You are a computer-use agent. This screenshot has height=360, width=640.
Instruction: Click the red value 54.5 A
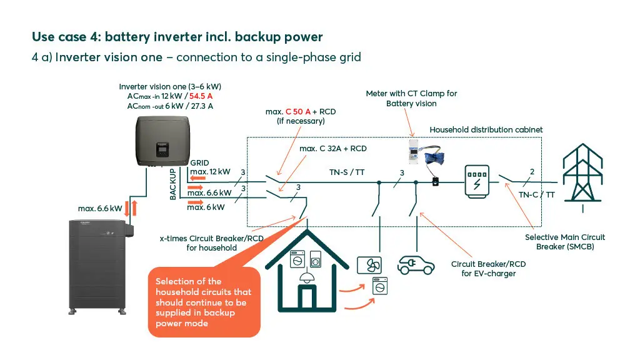coord(201,96)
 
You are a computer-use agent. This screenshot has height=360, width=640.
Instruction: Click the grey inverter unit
coord(160,142)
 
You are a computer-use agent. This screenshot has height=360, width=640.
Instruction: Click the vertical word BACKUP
coord(173,184)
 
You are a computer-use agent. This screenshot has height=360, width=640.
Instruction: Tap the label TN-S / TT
coord(347,172)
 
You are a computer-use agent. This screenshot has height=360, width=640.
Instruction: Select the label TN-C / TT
coord(536,194)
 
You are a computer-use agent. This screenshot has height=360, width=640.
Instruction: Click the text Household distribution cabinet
coord(486,129)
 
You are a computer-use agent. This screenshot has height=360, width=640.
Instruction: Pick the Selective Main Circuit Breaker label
coord(565,242)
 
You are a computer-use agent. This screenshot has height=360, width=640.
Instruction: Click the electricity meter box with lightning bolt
coord(477,181)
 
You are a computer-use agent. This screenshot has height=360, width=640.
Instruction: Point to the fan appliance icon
coord(368,265)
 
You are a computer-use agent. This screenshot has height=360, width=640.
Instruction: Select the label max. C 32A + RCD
coord(332,149)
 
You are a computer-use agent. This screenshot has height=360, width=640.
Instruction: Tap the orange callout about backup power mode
coord(204,302)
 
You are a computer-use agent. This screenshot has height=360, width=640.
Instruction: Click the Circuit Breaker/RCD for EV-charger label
coord(488,269)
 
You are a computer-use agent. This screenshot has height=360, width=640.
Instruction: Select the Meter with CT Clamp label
coord(411,98)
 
